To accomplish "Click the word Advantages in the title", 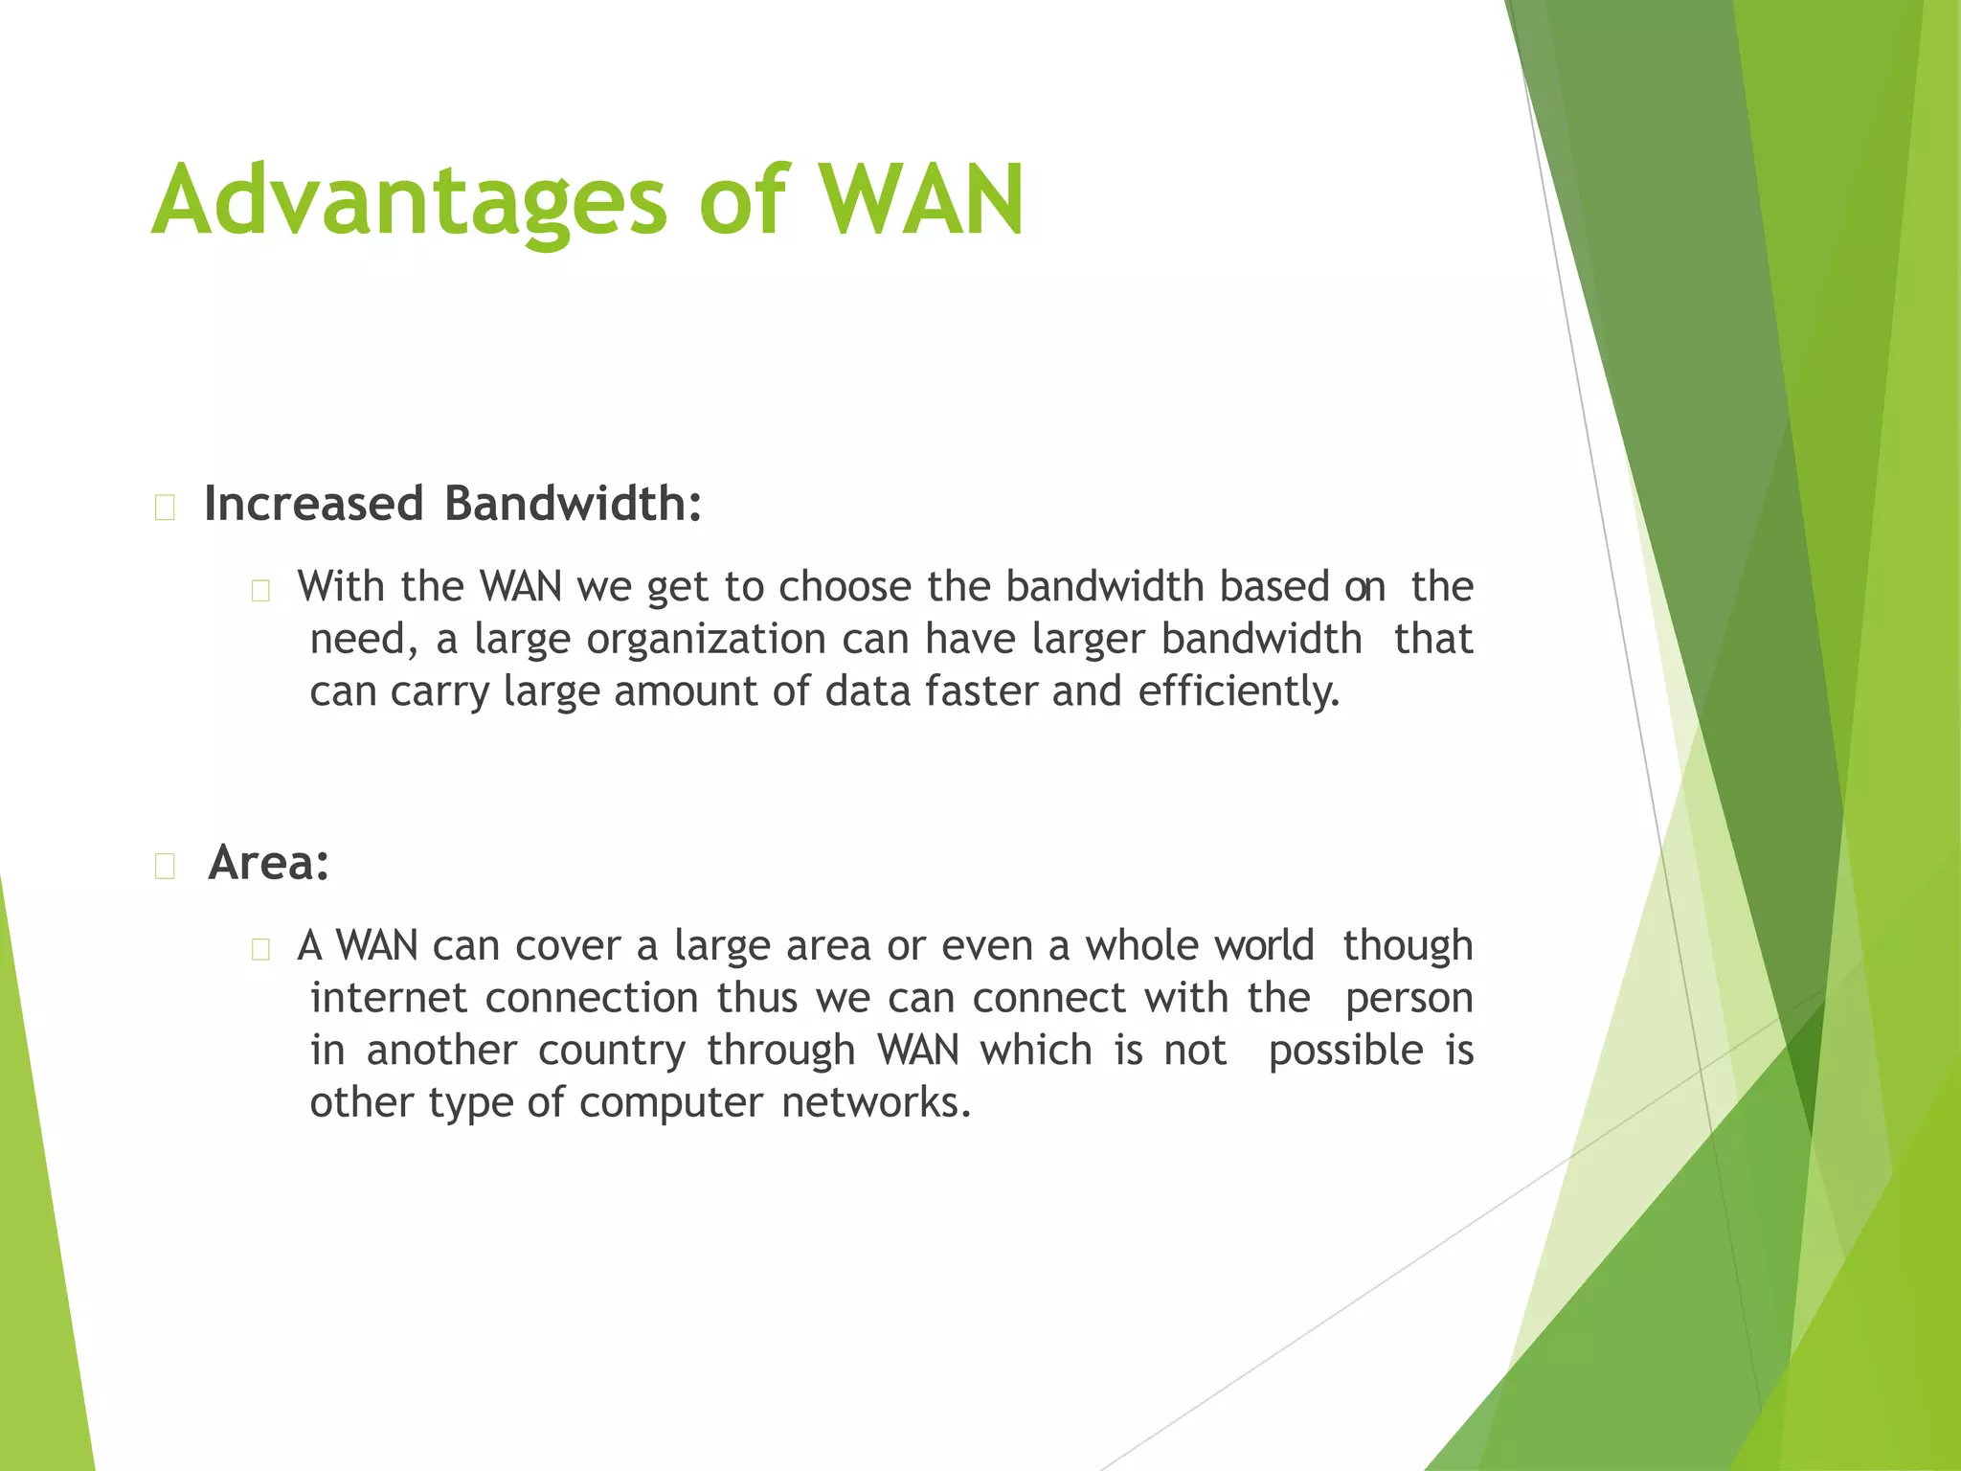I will [x=409, y=201].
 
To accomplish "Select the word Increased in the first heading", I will [x=313, y=504].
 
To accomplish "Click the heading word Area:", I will [x=269, y=863].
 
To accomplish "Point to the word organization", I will [x=706, y=639].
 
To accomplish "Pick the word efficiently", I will [x=1239, y=691].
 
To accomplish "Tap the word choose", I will [x=845, y=587].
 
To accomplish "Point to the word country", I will [x=612, y=1051].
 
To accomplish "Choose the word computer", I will [x=671, y=1103].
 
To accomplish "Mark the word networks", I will [x=876, y=1103].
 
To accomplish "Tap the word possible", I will [x=1345, y=1051].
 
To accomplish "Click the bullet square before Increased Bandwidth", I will [x=165, y=508].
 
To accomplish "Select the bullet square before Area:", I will [x=165, y=867].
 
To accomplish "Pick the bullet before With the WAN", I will [x=260, y=591].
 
